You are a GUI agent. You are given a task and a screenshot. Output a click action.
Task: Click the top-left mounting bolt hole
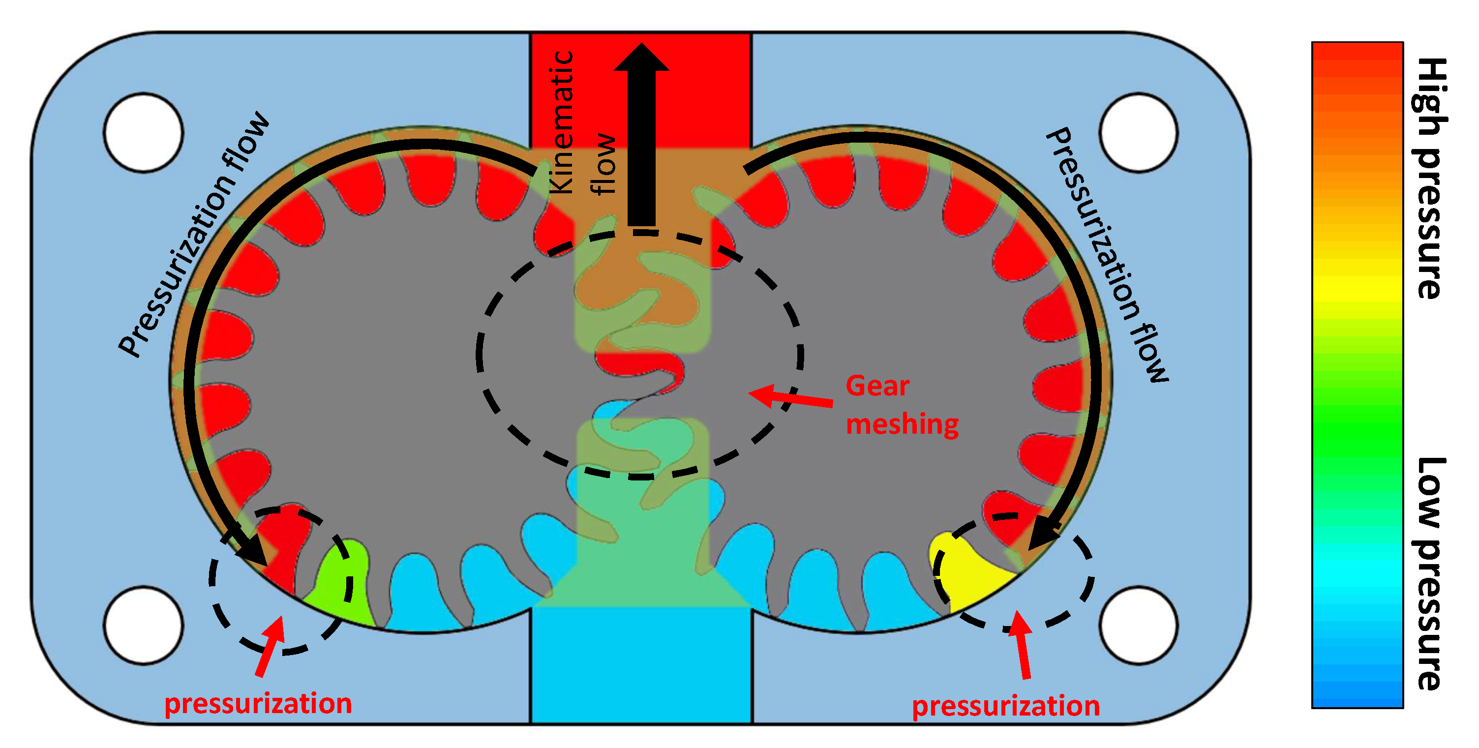(x=144, y=132)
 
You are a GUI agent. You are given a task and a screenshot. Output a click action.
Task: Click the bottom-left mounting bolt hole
(x=144, y=625)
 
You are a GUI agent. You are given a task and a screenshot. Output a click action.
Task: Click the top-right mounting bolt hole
(x=1139, y=132)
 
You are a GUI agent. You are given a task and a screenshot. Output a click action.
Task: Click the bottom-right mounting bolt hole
(x=1139, y=625)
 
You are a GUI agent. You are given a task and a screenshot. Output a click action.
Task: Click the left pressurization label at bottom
(x=258, y=704)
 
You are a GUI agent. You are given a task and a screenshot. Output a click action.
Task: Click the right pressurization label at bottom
(x=1006, y=706)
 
